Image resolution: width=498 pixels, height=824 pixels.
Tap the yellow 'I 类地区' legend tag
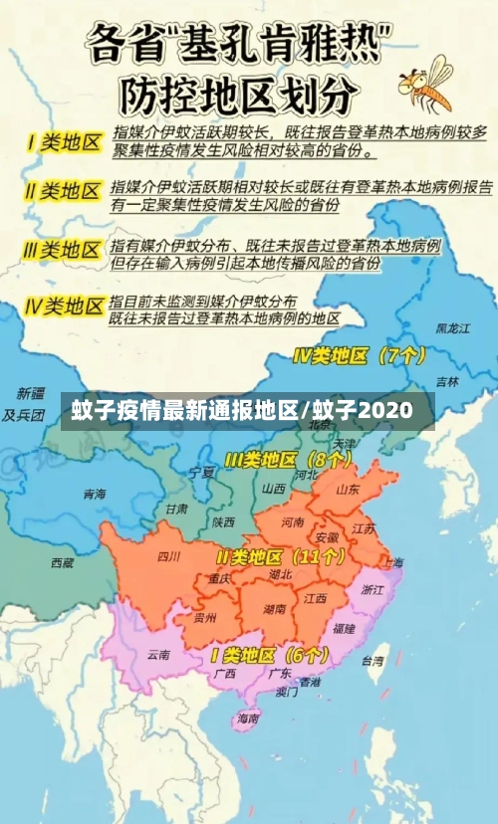pyautogui.click(x=64, y=141)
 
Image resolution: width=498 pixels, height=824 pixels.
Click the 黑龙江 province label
pyautogui.click(x=450, y=327)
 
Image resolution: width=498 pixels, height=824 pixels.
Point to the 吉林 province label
pyautogui.click(x=447, y=381)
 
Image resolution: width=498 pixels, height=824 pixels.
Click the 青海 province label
pyautogui.click(x=95, y=494)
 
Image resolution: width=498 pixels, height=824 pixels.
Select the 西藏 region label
pyautogui.click(x=62, y=563)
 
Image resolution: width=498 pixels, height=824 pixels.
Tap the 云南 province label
pyautogui.click(x=158, y=654)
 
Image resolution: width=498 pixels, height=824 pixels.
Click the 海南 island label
pyautogui.click(x=246, y=717)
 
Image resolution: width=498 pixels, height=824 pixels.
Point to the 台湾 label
pyautogui.click(x=372, y=660)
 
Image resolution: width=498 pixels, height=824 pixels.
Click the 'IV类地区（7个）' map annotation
pyautogui.click(x=359, y=354)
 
